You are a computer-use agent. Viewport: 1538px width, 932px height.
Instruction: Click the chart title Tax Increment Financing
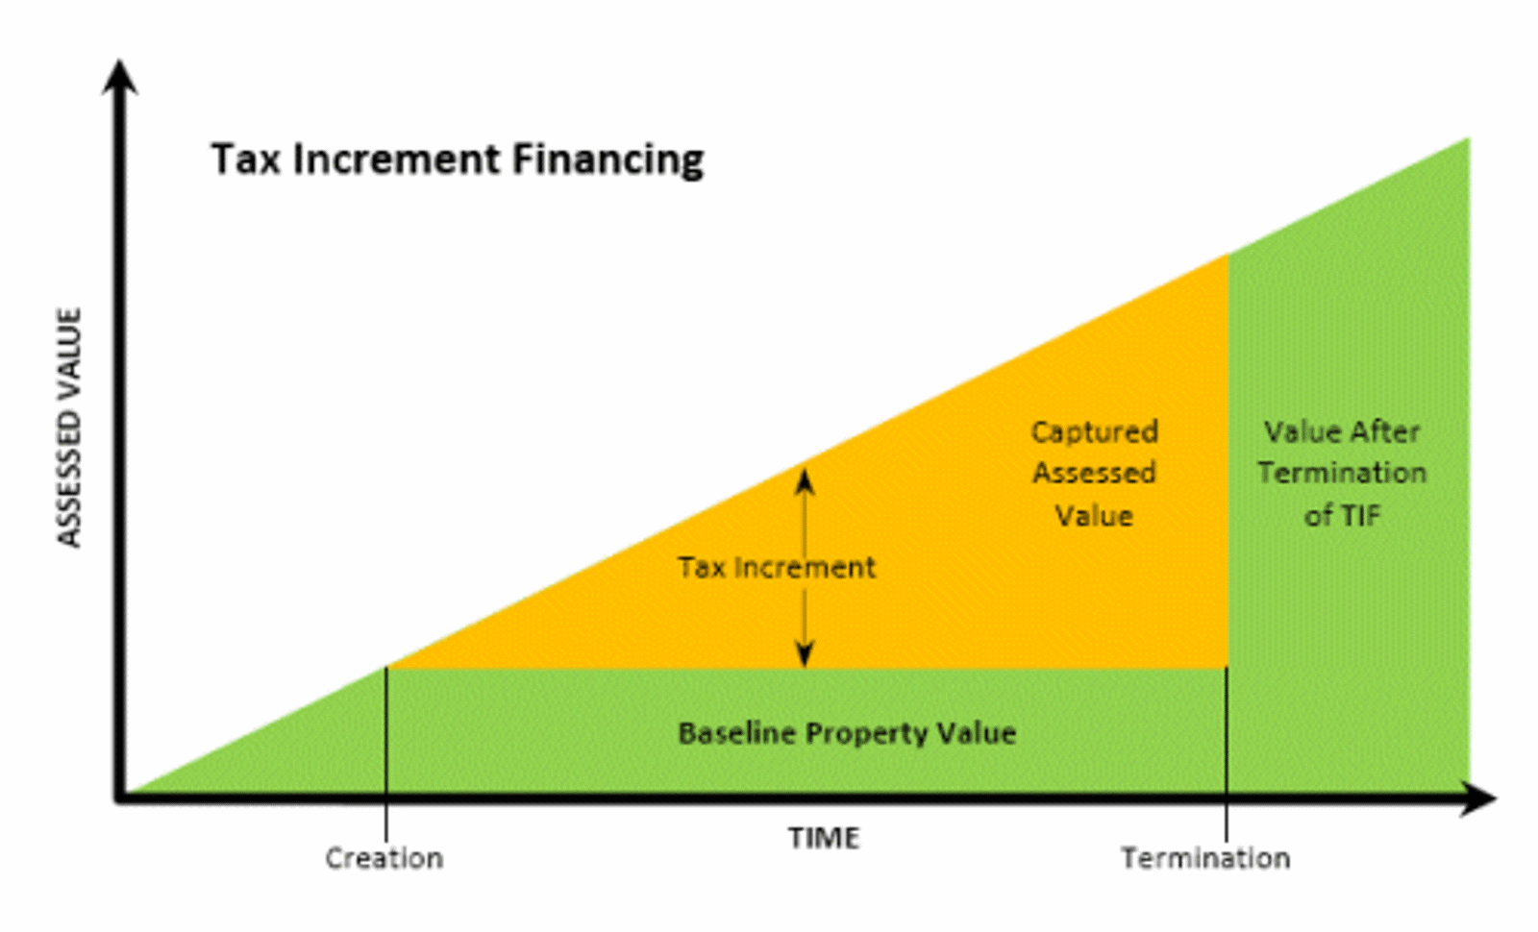[x=458, y=159]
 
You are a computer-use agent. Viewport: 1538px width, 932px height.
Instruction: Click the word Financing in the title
[x=608, y=159]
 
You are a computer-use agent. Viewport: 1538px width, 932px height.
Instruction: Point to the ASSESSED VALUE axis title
[x=69, y=428]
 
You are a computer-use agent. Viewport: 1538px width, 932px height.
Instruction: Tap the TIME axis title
[x=824, y=838]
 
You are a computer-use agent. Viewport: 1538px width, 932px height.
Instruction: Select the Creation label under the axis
[x=384, y=858]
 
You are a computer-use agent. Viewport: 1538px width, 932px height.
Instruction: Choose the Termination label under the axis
[x=1205, y=858]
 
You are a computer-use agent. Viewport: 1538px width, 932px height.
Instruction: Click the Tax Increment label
[x=776, y=568]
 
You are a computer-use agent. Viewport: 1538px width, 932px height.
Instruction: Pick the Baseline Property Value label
[x=847, y=734]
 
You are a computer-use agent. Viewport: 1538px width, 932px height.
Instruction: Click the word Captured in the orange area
[x=1095, y=432]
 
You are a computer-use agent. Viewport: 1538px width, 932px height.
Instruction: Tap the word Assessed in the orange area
[x=1095, y=474]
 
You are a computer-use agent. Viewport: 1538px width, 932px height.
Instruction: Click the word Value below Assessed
[x=1095, y=516]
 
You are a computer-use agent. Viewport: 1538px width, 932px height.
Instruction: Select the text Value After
[x=1342, y=432]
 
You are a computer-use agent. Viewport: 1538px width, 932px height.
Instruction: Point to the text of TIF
[x=1342, y=516]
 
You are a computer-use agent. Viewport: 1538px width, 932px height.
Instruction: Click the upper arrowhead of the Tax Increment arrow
[x=806, y=478]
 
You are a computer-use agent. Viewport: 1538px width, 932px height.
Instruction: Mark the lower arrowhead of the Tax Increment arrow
[x=806, y=656]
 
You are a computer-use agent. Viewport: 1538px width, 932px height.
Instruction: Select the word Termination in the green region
[x=1342, y=474]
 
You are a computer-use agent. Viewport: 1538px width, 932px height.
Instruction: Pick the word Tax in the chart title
[x=247, y=159]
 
